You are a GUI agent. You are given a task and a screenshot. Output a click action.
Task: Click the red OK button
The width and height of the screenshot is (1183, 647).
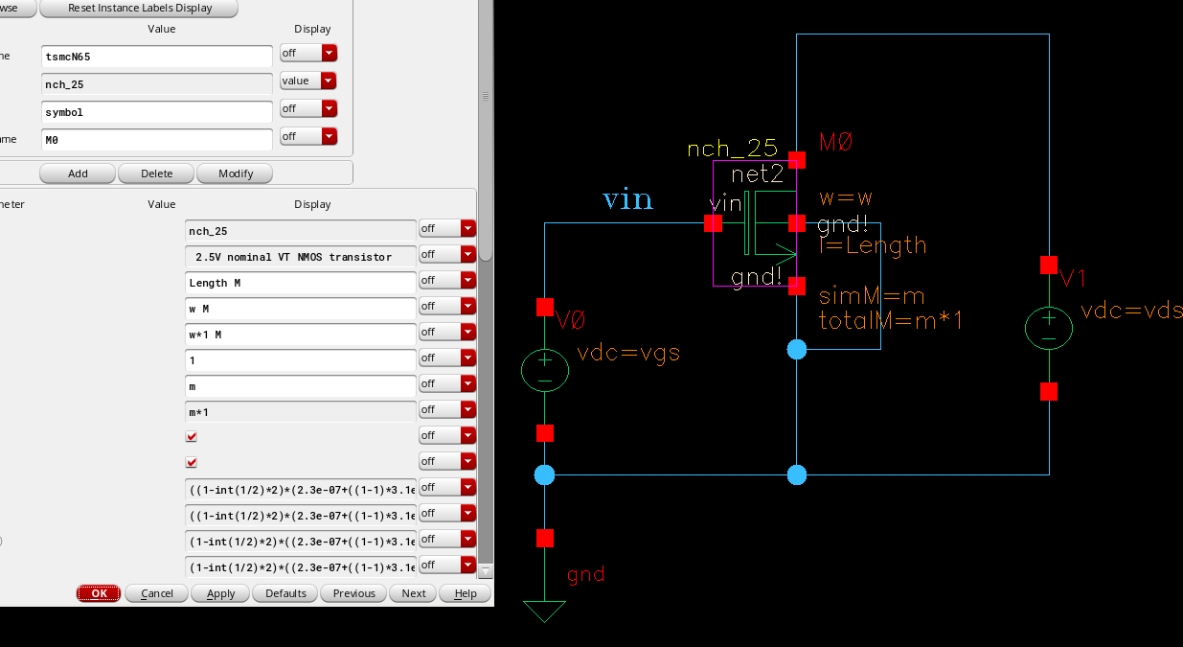point(99,593)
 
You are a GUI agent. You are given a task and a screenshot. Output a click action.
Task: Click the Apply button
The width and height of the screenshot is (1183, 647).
point(220,593)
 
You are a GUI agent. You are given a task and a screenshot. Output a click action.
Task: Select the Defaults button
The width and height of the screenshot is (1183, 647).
point(285,593)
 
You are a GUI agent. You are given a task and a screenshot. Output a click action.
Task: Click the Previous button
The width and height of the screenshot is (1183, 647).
point(353,593)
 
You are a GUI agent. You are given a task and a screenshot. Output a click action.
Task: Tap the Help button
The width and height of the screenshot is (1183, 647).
point(466,593)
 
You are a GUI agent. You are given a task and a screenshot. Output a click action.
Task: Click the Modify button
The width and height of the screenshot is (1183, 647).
point(235,173)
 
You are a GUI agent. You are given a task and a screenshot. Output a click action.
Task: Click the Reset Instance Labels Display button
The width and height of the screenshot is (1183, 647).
point(140,9)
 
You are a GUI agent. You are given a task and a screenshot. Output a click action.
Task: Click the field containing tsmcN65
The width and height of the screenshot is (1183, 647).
point(157,57)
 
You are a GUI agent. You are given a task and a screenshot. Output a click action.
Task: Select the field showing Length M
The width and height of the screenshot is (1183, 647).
point(300,283)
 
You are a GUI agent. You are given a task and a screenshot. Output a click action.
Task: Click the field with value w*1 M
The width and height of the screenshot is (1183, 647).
point(300,335)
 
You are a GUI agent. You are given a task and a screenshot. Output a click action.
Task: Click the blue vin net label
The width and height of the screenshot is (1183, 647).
point(627,199)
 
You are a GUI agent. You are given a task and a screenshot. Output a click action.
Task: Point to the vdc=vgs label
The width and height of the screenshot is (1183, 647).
point(628,353)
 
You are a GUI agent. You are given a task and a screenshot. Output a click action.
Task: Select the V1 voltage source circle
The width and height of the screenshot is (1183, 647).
point(1049,328)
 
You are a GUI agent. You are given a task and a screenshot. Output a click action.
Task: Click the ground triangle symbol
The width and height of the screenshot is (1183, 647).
point(545,611)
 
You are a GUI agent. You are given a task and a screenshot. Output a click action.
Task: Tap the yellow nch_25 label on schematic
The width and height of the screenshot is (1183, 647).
point(731,150)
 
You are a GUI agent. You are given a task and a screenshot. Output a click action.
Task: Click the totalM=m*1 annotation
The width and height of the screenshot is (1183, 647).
point(891,321)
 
